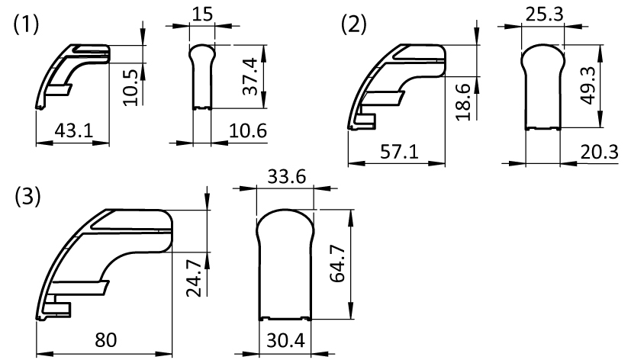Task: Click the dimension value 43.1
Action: point(74,130)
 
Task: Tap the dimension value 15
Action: point(201,14)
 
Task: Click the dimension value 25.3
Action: point(542,14)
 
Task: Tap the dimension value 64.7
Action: point(337,264)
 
